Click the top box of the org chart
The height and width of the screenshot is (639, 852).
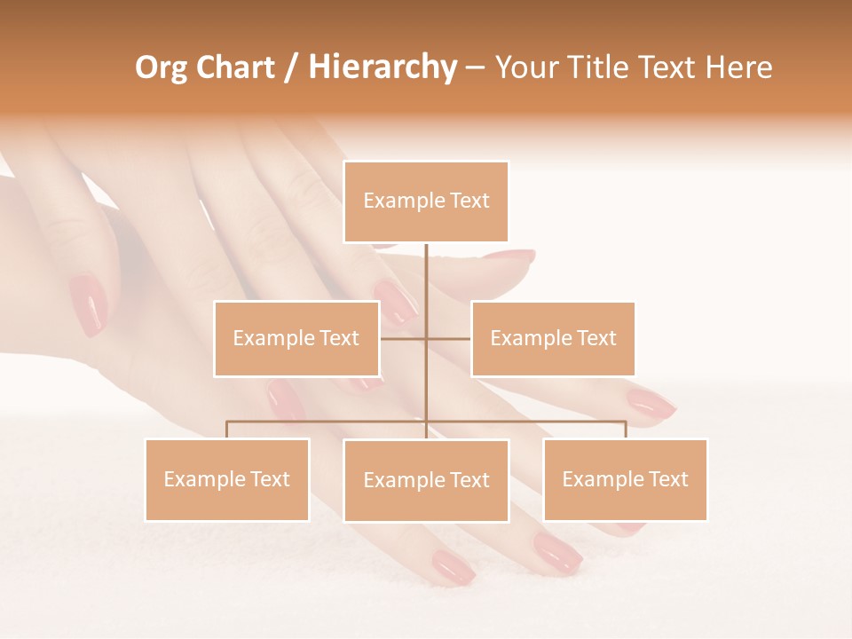[426, 201]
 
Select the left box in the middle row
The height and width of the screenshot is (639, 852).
[296, 338]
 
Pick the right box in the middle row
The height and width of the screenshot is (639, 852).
[553, 338]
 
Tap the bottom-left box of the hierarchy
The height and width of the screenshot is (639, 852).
[227, 479]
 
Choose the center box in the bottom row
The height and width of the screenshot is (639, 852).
[426, 480]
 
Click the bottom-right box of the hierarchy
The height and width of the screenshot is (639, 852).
[625, 479]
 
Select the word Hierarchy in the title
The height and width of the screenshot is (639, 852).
[383, 67]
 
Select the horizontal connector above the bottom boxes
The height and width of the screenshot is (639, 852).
[328, 422]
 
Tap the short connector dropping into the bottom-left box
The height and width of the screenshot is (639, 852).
[227, 430]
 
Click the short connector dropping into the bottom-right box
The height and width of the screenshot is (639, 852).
[625, 430]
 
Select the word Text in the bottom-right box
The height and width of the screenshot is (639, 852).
[667, 479]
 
